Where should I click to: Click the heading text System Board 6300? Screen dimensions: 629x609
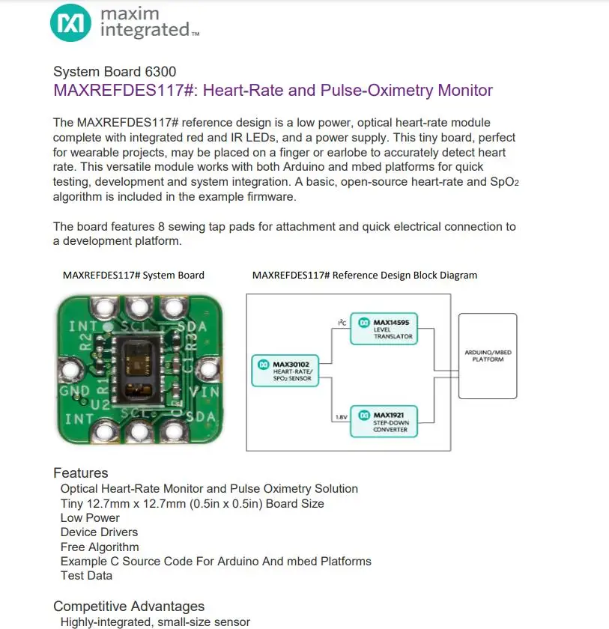[115, 72]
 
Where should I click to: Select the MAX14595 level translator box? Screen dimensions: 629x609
[384, 329]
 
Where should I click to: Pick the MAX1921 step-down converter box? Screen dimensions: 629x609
[384, 421]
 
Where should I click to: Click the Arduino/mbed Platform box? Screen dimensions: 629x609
[488, 355]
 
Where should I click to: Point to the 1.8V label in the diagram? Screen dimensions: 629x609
[342, 416]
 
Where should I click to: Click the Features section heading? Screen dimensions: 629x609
[80, 473]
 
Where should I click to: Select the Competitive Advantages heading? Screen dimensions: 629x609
[129, 607]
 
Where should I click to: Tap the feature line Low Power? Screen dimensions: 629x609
[90, 517]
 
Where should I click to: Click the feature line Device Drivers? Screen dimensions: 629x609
[99, 532]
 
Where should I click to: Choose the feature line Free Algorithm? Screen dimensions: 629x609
[100, 547]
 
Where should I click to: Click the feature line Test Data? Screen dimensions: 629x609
[86, 576]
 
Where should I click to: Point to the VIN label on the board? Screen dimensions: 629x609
[204, 391]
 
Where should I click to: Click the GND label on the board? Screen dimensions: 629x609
[74, 392]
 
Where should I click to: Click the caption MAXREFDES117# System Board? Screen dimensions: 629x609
[133, 275]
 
